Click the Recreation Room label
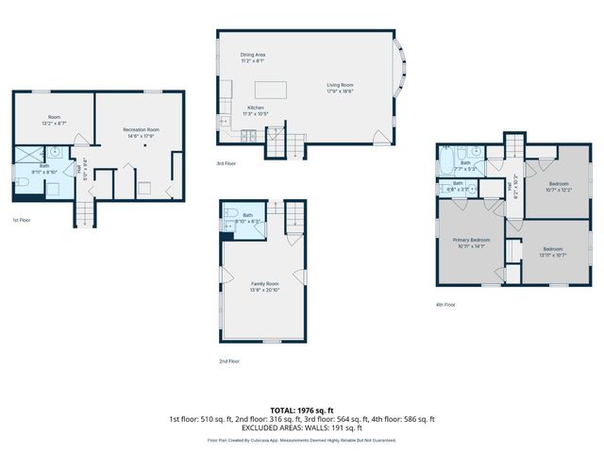(141, 132)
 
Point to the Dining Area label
(252, 58)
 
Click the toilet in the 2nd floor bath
(229, 226)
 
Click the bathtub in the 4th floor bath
(446, 161)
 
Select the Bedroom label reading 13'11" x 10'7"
(552, 253)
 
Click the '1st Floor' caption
(22, 219)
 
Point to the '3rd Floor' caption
(226, 162)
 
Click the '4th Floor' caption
(445, 304)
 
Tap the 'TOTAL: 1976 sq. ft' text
(301, 410)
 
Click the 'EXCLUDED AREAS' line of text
(301, 427)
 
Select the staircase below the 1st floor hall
(84, 214)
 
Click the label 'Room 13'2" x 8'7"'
(53, 121)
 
